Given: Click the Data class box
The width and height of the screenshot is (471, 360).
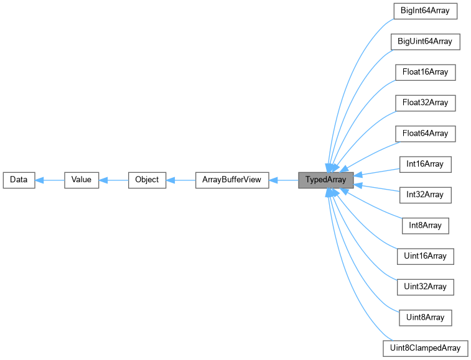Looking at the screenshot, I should click(18, 180).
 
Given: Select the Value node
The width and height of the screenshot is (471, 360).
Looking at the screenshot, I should click(82, 180).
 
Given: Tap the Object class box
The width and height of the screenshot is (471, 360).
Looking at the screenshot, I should click(147, 180).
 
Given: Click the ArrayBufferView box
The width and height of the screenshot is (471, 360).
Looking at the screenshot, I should click(231, 180).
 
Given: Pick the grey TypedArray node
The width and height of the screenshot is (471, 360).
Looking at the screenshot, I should click(326, 180).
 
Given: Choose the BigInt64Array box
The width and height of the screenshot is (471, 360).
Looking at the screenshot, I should click(426, 11).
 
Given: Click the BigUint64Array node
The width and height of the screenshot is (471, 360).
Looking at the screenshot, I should click(426, 42).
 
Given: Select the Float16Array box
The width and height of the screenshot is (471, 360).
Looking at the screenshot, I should click(426, 72).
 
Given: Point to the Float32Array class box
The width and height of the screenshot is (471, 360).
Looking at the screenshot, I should click(426, 103).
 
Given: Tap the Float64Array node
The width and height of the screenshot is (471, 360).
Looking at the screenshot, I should click(426, 134).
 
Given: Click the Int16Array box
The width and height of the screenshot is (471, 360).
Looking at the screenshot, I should click(426, 164).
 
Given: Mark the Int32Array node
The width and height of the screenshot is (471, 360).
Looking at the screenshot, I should click(426, 195).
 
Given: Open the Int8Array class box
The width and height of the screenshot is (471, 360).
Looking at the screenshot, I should click(426, 225).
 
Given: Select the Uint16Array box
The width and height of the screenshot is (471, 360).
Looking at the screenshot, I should click(426, 256).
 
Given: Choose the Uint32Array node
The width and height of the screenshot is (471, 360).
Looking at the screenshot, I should click(426, 287).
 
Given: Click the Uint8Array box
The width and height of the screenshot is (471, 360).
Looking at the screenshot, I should click(426, 317).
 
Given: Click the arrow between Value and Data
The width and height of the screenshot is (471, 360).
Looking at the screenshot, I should click(50, 180).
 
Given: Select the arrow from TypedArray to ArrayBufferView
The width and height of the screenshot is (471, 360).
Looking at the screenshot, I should click(283, 180).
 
